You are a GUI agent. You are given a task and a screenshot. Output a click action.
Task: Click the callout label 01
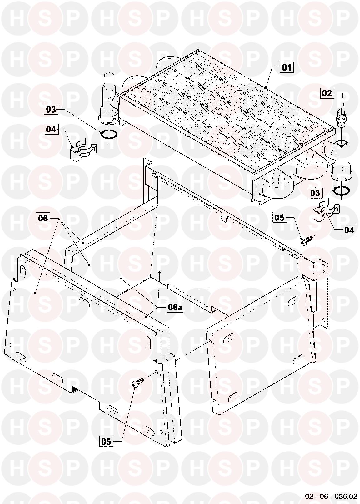(x=287, y=67)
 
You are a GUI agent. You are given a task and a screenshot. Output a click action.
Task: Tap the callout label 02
(x=327, y=93)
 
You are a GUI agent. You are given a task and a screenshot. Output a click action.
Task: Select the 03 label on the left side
(x=51, y=110)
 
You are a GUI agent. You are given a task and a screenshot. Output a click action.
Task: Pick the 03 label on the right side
(x=315, y=193)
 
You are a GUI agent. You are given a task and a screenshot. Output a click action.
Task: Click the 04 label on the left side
(x=51, y=129)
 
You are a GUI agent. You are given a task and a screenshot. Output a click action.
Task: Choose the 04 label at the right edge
(x=349, y=230)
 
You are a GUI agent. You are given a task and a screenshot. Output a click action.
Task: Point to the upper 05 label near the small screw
(x=279, y=218)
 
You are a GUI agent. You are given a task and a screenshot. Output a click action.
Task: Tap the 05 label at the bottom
(x=106, y=442)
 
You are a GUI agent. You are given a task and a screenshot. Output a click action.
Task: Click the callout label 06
(x=43, y=218)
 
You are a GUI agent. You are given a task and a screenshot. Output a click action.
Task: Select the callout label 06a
(x=175, y=308)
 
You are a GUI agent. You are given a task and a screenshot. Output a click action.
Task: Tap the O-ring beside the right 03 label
(x=342, y=191)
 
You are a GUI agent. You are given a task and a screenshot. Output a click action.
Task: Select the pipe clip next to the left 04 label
(x=82, y=150)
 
